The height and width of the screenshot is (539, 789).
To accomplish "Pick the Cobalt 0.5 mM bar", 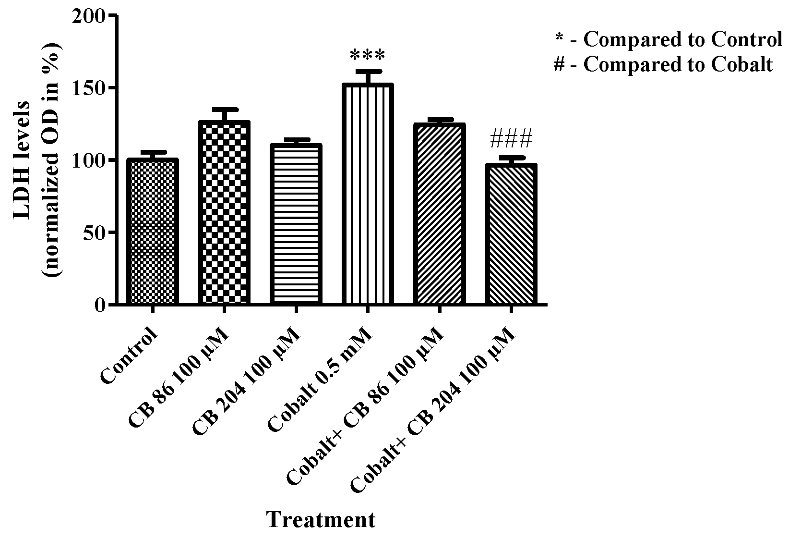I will [368, 194].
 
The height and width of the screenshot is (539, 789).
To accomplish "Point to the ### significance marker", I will [512, 139].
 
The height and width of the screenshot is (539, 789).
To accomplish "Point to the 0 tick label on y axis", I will [99, 305].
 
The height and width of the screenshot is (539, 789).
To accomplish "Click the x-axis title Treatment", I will [321, 520].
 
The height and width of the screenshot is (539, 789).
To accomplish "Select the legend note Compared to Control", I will [668, 39].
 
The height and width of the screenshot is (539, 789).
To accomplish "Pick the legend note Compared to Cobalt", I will [663, 64].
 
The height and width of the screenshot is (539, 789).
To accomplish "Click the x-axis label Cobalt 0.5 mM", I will [320, 380].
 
